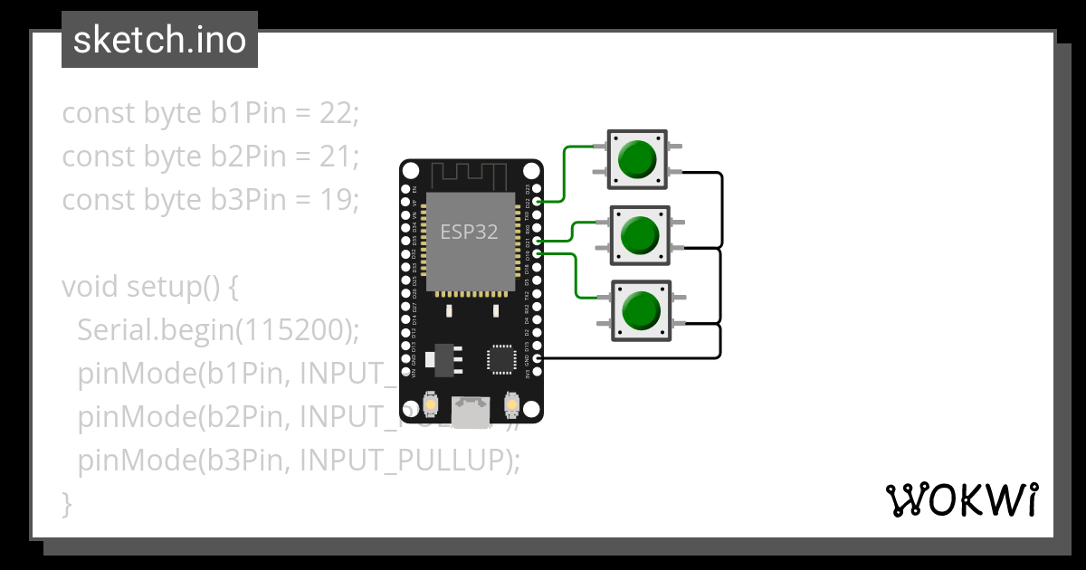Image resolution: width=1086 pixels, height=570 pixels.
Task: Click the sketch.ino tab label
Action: coord(159,40)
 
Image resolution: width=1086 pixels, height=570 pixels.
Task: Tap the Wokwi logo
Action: coord(961,499)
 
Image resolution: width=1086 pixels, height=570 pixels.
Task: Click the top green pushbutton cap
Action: coord(636,159)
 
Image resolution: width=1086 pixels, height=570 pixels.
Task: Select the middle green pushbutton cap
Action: coord(640,235)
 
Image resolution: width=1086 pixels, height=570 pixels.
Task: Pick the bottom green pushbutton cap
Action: coord(640,310)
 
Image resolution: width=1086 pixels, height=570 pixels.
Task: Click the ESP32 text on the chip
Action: coord(469,232)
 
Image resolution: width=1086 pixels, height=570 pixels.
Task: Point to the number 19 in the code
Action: coord(336,199)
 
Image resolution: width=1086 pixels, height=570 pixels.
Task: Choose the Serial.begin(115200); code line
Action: coord(218,330)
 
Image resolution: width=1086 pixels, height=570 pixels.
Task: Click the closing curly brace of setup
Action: coord(66,503)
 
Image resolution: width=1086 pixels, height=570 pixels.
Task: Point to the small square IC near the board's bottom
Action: coord(501,358)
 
